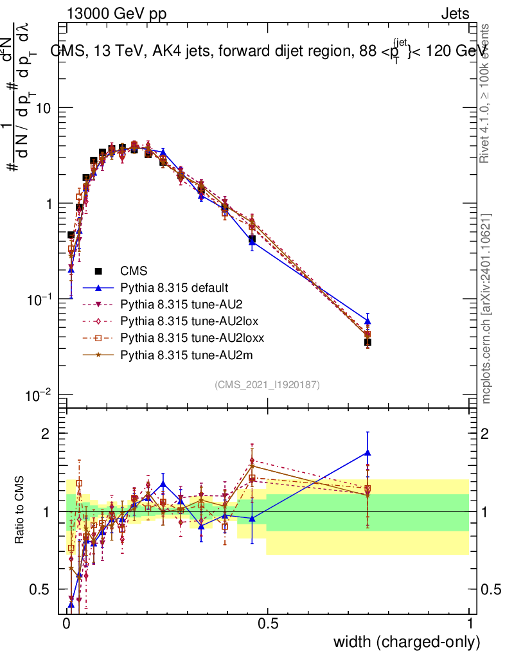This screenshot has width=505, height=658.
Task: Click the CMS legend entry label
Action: pyautogui.click(x=134, y=271)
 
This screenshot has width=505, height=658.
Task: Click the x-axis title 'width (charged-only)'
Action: pyautogui.click(x=407, y=641)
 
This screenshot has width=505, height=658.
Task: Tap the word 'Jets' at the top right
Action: pyautogui.click(x=454, y=13)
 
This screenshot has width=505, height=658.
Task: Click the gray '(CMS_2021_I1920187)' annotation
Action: pyautogui.click(x=267, y=385)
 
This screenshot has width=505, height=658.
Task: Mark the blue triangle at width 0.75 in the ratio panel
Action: pyautogui.click(x=368, y=452)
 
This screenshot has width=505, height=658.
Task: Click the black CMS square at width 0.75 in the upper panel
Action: pyautogui.click(x=368, y=342)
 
